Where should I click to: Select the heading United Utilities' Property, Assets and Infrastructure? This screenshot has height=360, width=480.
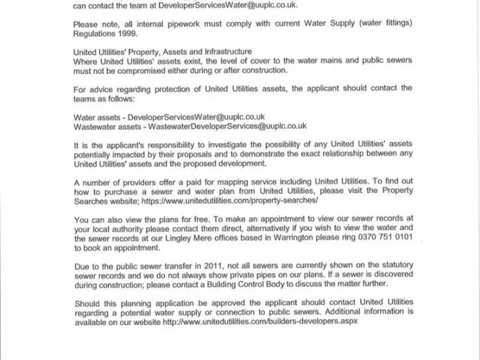162,52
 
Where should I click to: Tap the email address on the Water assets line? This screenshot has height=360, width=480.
196,117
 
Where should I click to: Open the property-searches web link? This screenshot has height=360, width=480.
231,201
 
